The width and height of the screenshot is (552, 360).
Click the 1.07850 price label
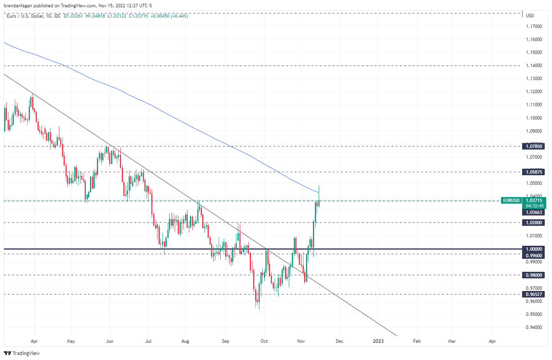pos(534,146)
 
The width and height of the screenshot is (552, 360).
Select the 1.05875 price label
pos(534,172)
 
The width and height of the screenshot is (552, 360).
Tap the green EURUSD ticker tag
pos(511,201)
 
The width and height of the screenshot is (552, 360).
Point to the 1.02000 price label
pos(534,223)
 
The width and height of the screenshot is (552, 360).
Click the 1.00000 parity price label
pos(534,249)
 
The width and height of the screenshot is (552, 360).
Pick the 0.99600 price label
pos(534,256)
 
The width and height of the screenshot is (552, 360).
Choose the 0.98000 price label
pos(534,275)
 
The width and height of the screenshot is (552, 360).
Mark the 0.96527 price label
pos(534,294)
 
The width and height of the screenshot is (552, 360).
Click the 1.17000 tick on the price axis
pos(534,26)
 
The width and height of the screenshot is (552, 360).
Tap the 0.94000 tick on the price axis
pos(534,327)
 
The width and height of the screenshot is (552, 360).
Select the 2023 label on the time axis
pos(378,341)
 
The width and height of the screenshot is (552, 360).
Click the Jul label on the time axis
pos(148,341)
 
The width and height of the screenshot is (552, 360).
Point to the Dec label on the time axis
pos(339,341)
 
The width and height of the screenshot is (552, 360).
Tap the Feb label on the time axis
pos(417,341)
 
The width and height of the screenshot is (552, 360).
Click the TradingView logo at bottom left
pos(22,353)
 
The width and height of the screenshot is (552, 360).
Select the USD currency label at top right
pos(530,16)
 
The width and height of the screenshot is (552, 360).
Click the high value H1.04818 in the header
pos(95,16)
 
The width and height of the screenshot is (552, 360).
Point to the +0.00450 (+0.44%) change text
pos(169,16)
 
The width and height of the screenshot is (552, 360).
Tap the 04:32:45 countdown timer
pos(534,206)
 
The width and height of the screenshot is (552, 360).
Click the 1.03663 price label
pos(534,212)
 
